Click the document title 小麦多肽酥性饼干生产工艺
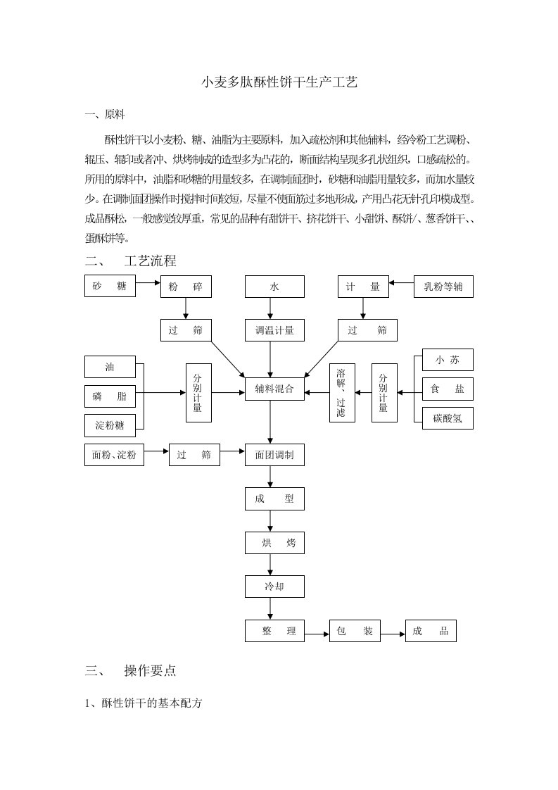(x=279, y=82)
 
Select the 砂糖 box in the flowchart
(x=110, y=286)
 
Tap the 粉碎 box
(x=186, y=287)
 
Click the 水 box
(x=274, y=287)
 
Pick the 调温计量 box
(x=274, y=330)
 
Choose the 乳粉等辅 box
(x=443, y=287)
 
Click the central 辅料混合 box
(x=274, y=389)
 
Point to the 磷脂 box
(x=110, y=396)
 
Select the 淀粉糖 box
(x=110, y=426)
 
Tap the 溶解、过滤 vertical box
(x=342, y=393)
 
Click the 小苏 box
(x=448, y=360)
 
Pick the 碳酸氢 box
(x=448, y=418)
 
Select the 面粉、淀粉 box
(x=114, y=455)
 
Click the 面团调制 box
(x=274, y=455)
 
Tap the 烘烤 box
(x=274, y=543)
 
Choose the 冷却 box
(x=274, y=587)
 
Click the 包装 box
(x=355, y=631)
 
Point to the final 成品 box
(x=431, y=631)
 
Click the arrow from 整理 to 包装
(x=317, y=634)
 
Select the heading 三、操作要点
(x=130, y=670)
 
